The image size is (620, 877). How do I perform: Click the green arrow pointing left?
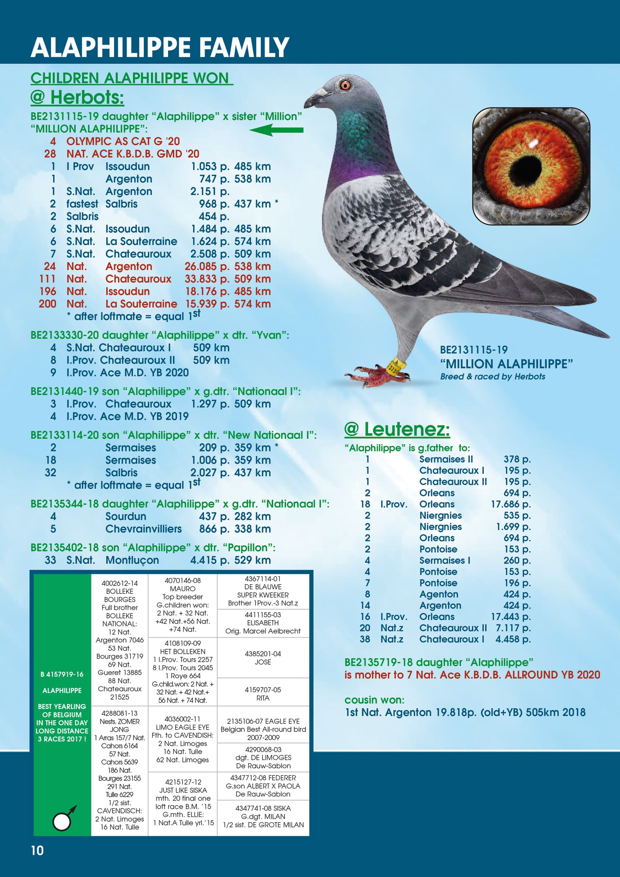(x=276, y=130)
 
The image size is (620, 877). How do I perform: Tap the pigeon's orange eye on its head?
(x=345, y=85)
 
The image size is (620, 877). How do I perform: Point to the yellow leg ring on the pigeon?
(x=394, y=367)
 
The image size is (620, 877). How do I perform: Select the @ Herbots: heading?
(x=77, y=97)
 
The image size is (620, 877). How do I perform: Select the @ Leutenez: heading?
(x=397, y=429)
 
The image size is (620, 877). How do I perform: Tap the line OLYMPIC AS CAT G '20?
(x=123, y=141)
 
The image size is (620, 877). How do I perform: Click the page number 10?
(x=37, y=850)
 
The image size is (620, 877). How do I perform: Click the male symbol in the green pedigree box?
(x=63, y=819)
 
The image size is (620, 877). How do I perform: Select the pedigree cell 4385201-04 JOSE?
(x=263, y=658)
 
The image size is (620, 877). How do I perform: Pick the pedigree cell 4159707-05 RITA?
(x=263, y=694)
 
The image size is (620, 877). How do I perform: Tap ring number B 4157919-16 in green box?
(x=62, y=674)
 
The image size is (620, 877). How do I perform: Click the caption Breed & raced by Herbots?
(x=492, y=376)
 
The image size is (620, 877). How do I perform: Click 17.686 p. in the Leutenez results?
(x=510, y=504)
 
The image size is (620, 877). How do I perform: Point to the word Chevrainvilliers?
(x=143, y=529)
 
